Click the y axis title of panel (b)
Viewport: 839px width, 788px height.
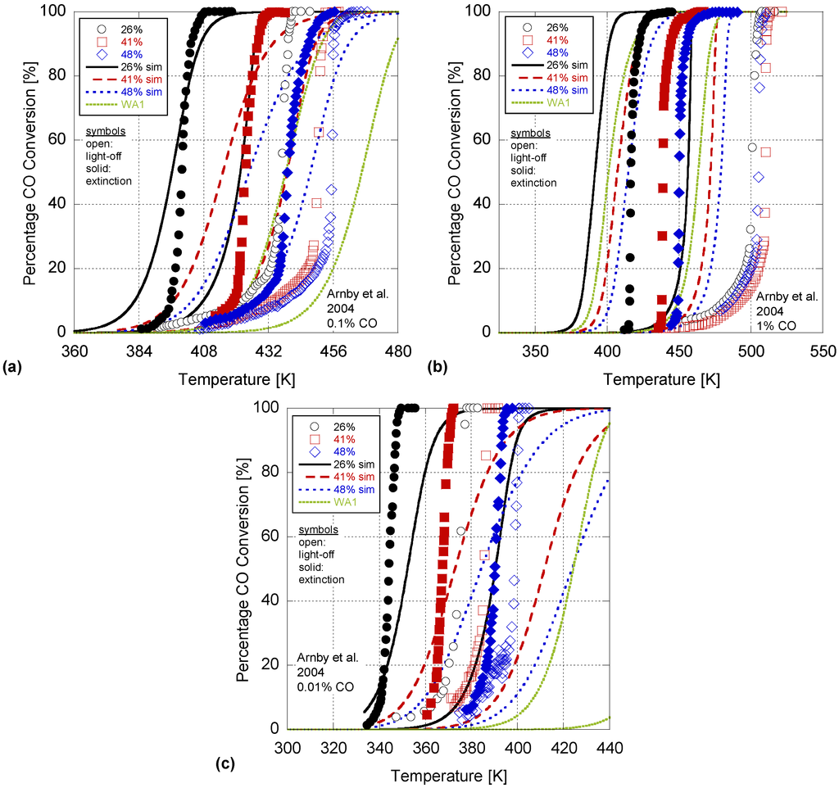454,172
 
